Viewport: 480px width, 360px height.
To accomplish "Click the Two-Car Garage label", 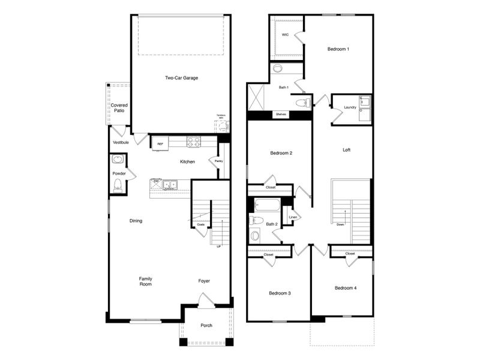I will pos(181,78).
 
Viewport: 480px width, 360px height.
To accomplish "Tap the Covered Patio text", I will pos(119,108).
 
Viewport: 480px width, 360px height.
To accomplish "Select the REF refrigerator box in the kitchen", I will pos(160,144).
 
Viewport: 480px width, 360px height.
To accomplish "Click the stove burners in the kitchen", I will pos(193,143).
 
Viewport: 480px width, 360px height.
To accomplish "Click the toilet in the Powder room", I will pos(118,185).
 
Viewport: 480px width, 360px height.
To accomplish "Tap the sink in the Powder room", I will pos(118,160).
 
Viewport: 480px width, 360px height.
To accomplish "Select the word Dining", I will pos(136,221).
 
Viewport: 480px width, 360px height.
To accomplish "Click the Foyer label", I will pos(205,281).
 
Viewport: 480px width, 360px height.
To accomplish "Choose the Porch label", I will pos(206,325).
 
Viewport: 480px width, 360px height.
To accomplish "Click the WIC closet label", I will pos(285,35).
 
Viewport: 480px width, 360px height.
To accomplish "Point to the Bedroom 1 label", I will pos(338,49).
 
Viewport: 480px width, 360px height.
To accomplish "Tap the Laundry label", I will pos(350,107).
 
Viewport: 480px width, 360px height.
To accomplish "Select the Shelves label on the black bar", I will pos(280,114).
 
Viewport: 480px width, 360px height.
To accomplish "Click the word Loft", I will pos(346,150).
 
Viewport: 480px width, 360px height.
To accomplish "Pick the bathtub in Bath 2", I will pos(266,205).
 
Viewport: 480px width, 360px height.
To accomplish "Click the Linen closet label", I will pos(293,217).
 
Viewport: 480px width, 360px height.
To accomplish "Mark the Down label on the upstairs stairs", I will pos(340,224).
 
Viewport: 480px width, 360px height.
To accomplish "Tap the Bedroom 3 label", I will pos(280,293).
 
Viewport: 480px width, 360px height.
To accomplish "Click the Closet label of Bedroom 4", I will pos(350,254).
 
